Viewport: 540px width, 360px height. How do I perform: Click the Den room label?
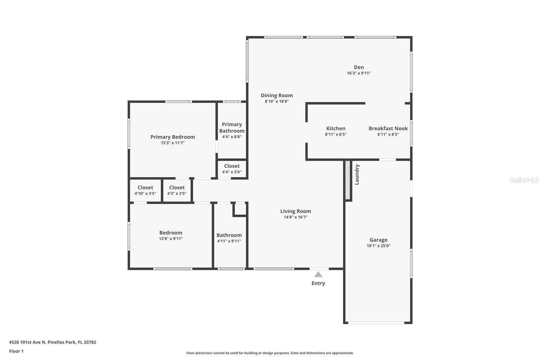(359, 67)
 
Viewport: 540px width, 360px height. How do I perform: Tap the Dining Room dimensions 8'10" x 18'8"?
(276, 101)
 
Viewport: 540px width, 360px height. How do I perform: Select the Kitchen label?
(335, 128)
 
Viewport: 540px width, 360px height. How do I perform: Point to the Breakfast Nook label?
(388, 128)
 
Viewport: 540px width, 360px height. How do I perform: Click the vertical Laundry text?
(357, 175)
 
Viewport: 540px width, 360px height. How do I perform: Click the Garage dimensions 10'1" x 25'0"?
(378, 246)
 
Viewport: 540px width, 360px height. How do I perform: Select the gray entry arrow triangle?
(318, 274)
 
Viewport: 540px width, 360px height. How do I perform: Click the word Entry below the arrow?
(318, 283)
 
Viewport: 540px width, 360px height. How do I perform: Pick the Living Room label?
(295, 211)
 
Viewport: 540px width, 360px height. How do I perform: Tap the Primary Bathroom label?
(232, 128)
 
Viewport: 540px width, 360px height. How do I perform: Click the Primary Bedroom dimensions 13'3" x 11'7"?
(172, 143)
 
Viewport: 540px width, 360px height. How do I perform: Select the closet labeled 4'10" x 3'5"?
(145, 190)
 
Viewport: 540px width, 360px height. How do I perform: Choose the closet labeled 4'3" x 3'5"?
(177, 190)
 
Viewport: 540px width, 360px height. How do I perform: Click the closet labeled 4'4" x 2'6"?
(232, 169)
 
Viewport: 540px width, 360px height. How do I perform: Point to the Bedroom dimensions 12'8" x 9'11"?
(171, 239)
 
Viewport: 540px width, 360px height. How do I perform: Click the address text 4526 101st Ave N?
(27, 342)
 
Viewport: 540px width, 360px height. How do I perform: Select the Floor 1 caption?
(16, 351)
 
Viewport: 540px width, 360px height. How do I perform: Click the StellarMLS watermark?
(524, 180)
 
